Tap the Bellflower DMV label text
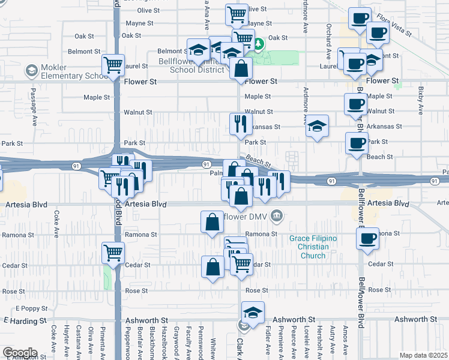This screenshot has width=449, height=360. (244, 215)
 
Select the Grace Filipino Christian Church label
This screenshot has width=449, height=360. (313, 247)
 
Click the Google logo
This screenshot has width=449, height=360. (19, 353)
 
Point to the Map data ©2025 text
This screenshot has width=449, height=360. (423, 355)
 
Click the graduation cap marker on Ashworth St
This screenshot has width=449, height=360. (253, 313)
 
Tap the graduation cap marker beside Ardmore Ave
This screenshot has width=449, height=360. (318, 126)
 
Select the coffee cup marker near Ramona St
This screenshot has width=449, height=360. (367, 238)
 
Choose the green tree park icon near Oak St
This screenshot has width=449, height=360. (258, 44)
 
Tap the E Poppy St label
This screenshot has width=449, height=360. (26, 308)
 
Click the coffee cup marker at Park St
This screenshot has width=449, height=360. (357, 143)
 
